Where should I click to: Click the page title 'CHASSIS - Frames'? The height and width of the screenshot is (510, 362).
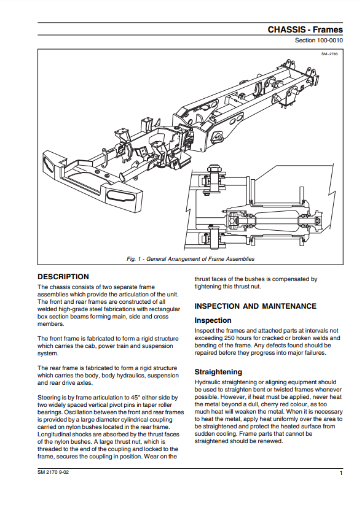click(305, 29)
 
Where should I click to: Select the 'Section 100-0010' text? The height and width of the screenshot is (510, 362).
click(318, 41)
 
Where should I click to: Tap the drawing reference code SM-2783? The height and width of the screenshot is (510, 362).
click(329, 54)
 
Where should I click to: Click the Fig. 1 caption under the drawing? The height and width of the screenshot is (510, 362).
click(191, 259)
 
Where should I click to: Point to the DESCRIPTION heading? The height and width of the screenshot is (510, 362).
click(63, 277)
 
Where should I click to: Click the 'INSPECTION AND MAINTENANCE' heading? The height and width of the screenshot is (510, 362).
click(256, 306)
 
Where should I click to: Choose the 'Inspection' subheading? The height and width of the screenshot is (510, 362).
click(213, 320)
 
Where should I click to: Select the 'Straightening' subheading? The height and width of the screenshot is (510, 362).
click(218, 372)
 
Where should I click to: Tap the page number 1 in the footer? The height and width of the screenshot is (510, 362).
click(341, 473)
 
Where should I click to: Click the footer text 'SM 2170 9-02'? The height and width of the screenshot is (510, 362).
click(53, 473)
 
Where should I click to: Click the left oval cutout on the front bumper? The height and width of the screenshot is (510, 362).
click(52, 163)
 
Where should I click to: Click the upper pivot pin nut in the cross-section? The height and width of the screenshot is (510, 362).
click(214, 169)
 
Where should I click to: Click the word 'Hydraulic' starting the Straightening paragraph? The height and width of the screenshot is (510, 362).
click(207, 382)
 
